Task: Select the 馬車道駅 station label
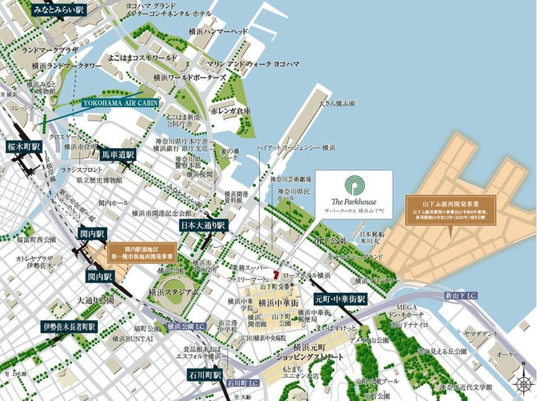click(x=117, y=154)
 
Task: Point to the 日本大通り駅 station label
click(x=203, y=225)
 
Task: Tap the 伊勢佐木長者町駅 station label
click(x=69, y=327)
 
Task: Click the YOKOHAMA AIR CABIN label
click(x=120, y=103)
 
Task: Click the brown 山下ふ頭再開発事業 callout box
click(x=450, y=211)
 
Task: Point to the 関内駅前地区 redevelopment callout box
click(x=142, y=253)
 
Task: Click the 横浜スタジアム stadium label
click(x=174, y=292)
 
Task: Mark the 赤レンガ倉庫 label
click(x=231, y=111)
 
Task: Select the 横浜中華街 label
click(x=277, y=303)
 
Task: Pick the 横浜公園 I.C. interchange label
click(x=187, y=327)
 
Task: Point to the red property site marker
click(x=276, y=274)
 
